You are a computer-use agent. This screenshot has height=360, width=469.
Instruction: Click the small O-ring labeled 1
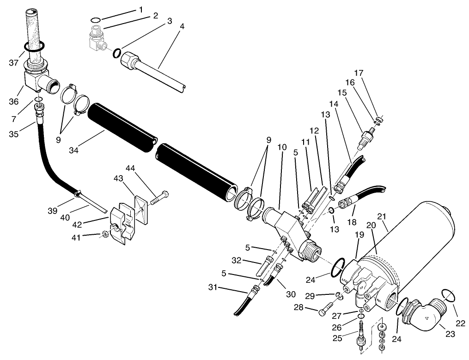pyautogui.click(x=96, y=20)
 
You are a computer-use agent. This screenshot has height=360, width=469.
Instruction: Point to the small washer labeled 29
pyautogui.click(x=339, y=296)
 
